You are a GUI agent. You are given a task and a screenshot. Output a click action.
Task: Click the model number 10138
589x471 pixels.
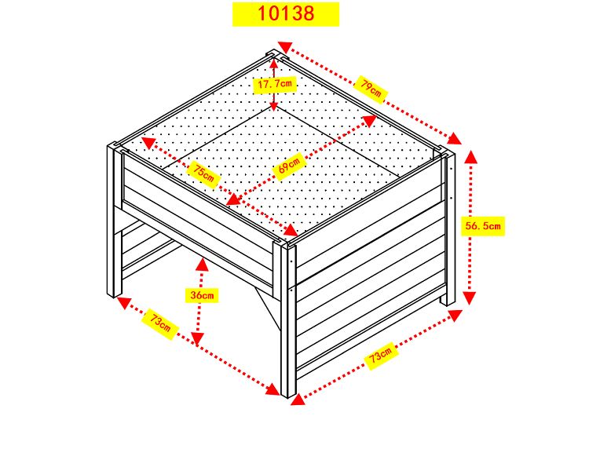(286, 13)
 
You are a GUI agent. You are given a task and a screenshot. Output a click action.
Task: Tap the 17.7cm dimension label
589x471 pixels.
(275, 84)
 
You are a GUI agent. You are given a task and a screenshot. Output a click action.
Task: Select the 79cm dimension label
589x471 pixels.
(371, 89)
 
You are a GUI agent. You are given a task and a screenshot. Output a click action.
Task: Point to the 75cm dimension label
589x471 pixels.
(203, 173)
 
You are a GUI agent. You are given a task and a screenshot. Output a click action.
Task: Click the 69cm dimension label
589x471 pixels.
(289, 166)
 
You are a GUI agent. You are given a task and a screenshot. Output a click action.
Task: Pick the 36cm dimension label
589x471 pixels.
(202, 295)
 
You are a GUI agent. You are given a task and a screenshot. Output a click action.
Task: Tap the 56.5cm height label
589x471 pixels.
(483, 226)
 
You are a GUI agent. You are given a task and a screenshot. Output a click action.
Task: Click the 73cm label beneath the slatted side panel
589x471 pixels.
(381, 356)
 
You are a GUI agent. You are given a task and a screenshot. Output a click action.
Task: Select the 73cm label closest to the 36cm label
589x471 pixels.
(160, 323)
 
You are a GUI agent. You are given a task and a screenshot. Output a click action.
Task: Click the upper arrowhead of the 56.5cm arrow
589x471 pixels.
(470, 157)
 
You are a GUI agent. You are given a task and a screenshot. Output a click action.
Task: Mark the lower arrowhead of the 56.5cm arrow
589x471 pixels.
(469, 298)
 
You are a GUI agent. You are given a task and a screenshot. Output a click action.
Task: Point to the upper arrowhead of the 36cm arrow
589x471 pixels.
(202, 265)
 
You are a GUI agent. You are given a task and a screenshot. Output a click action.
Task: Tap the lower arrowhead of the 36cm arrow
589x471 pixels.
(198, 338)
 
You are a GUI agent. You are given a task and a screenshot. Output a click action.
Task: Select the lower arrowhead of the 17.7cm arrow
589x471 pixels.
(274, 107)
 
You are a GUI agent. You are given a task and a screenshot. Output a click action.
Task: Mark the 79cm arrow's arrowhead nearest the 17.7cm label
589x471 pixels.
(285, 47)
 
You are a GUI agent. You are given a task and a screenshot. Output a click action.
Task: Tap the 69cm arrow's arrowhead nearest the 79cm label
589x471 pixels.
(369, 121)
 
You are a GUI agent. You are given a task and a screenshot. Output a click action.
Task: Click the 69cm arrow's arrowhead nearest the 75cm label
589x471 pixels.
(234, 199)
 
